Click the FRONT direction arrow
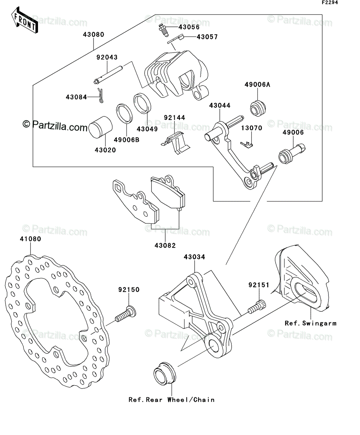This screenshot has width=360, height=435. tap(24, 20)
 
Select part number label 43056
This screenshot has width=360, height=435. tap(189, 27)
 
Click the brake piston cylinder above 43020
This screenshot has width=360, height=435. tap(100, 127)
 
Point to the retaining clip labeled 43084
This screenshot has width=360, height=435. tap(100, 96)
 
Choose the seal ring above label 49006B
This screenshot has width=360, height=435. tap(124, 113)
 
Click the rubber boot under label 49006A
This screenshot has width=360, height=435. tap(258, 108)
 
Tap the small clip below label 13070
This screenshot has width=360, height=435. tap(247, 145)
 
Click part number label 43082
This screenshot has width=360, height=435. tap(165, 246)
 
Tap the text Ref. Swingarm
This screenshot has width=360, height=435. tap(310, 323)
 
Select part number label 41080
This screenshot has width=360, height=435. tap(30, 239)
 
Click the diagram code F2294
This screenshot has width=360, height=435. tap(330, 3)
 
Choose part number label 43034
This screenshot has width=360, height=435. tap(194, 257)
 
